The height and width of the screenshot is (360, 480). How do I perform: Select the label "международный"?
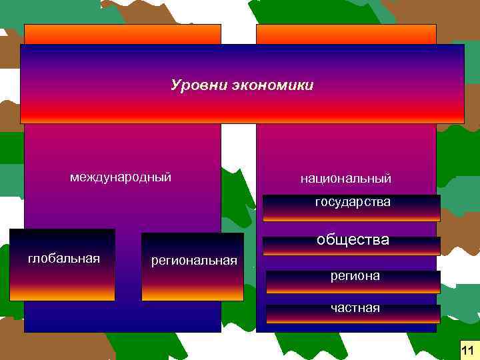121,177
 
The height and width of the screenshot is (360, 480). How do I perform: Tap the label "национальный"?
346,179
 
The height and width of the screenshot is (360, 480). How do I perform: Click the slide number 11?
467,349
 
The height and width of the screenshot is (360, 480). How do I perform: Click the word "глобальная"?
64,258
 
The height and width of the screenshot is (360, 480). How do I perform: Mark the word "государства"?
353,201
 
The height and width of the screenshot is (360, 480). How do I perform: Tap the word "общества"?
353,239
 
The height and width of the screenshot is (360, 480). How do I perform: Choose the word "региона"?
355,275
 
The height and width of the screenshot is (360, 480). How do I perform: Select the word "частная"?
356,308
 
